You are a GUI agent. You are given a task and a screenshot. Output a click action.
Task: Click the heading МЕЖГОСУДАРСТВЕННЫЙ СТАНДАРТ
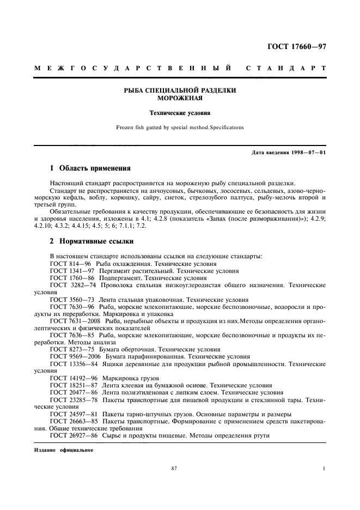tap(180, 69)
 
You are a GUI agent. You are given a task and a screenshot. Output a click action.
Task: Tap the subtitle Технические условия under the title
tap(179, 114)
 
